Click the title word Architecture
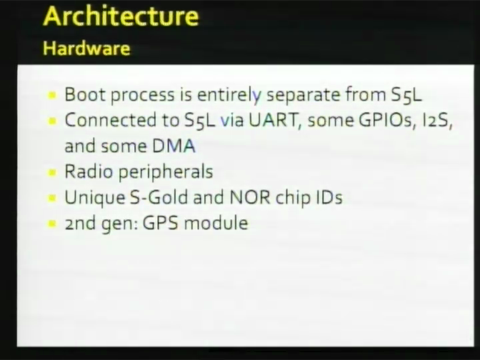coord(121,16)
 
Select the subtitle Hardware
coord(87,48)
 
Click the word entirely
coord(229,96)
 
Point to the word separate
coord(303,96)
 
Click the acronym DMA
coord(174,146)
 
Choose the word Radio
coord(89,171)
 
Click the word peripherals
coord(166,172)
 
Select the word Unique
coord(95,198)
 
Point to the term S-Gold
coord(159,197)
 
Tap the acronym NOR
coord(250,197)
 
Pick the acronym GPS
coord(161,223)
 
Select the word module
coord(216,223)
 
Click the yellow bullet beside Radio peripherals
coord(52,172)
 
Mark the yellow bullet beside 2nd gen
coord(52,224)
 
